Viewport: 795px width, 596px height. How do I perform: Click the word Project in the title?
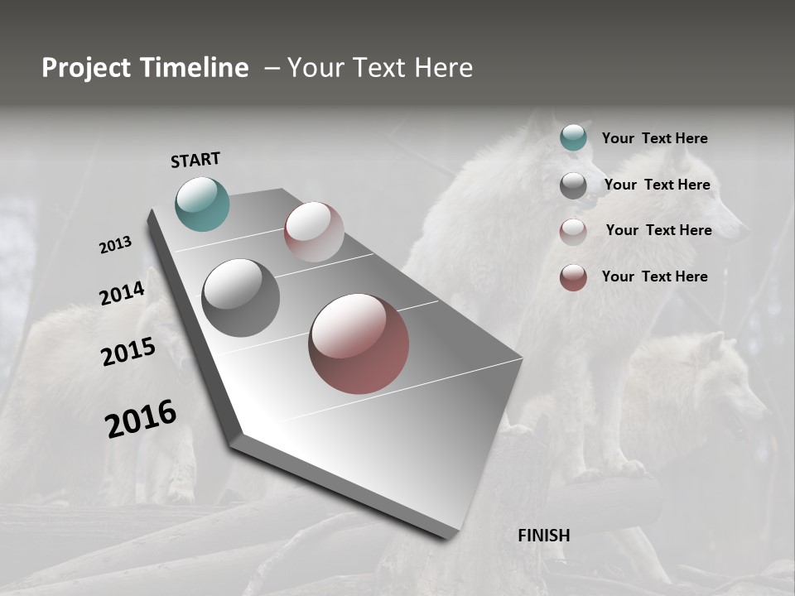tap(86, 68)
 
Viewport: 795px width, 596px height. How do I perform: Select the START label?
tap(195, 160)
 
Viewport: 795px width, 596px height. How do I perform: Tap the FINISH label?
tap(544, 536)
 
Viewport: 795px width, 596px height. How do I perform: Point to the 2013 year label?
tap(115, 245)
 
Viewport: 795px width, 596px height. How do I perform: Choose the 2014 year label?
tap(122, 294)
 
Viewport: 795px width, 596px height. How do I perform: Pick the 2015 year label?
tap(128, 352)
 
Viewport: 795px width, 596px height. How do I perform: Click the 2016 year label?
tap(141, 418)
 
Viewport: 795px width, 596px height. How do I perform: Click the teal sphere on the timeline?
tap(203, 204)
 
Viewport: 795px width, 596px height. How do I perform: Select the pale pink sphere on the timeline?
tap(314, 232)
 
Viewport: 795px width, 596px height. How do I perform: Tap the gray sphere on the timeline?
tap(241, 298)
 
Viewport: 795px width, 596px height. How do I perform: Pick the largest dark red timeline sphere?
tap(359, 344)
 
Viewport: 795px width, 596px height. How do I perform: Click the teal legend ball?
tap(573, 137)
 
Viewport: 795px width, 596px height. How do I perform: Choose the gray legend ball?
tap(573, 185)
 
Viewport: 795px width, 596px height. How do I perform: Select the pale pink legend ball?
tap(573, 232)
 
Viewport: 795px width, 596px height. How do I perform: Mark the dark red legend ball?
tap(573, 277)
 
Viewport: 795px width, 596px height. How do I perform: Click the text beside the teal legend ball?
tap(654, 138)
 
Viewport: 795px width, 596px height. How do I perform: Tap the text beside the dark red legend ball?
tap(654, 276)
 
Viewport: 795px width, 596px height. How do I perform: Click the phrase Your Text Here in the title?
tap(380, 68)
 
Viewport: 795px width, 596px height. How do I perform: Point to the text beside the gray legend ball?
tap(657, 185)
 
